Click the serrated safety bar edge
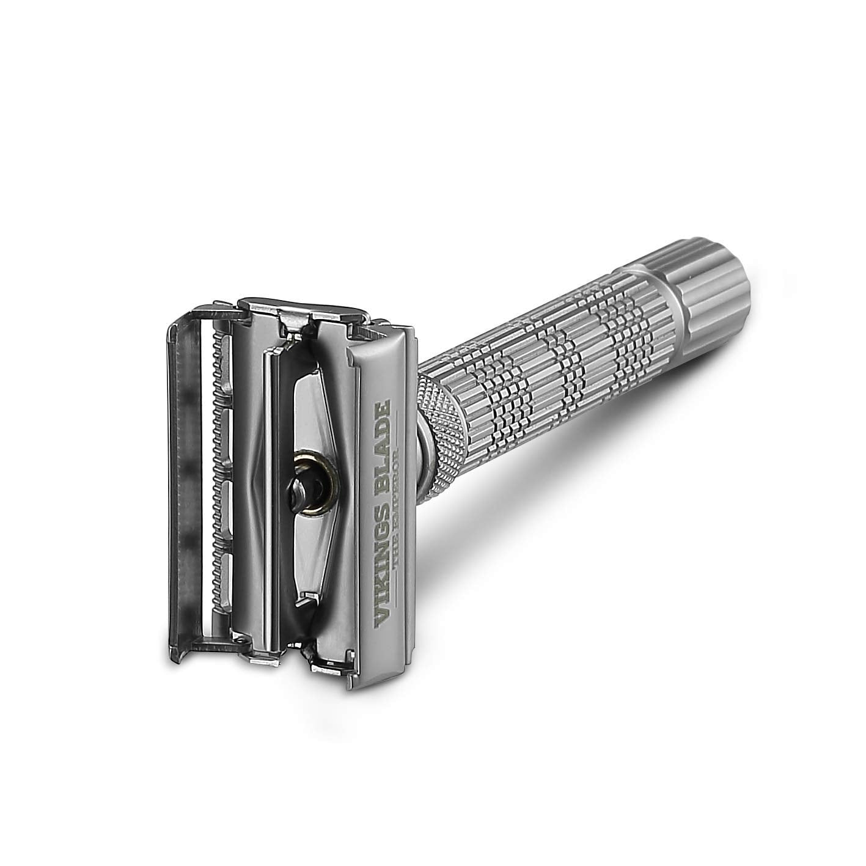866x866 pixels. click(x=215, y=428)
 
